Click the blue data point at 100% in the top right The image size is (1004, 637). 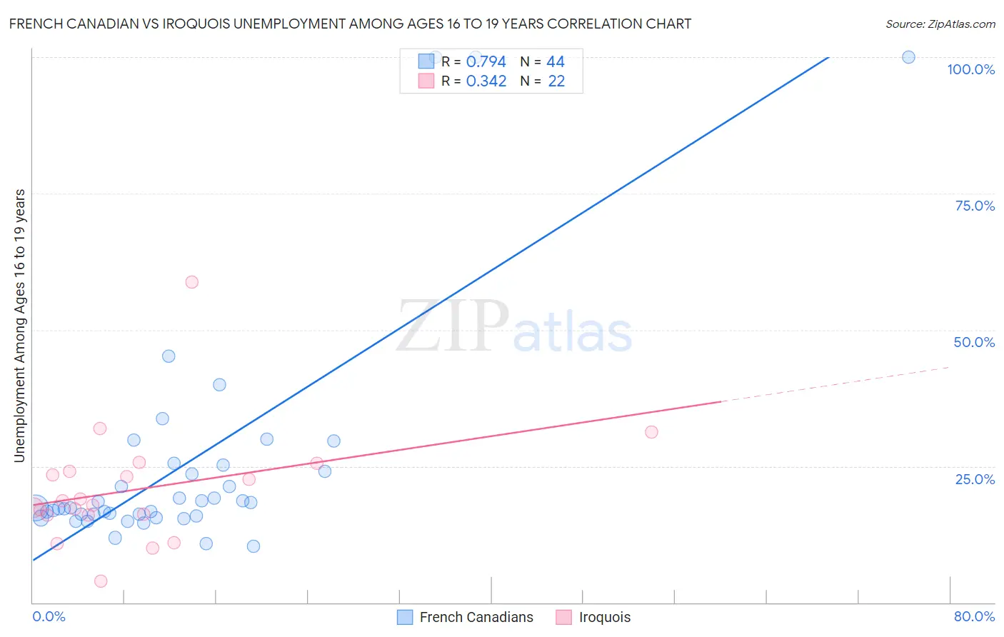coord(908,57)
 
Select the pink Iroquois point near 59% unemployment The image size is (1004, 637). coord(191,282)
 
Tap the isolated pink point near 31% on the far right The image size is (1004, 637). coord(651,432)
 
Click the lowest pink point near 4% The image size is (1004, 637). coord(101,581)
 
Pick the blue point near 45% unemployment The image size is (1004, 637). coord(169,356)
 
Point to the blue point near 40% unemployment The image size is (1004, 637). coord(219,385)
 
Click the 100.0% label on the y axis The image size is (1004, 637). coord(970,69)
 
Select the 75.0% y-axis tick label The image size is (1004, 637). coord(975,206)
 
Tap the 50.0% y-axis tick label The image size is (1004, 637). coord(974,342)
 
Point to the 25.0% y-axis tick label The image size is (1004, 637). coord(975,479)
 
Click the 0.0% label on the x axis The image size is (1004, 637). coord(49,616)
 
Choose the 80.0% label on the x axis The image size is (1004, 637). coord(974,616)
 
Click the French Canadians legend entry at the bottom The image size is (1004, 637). coord(476,617)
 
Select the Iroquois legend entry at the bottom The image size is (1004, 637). coord(604,617)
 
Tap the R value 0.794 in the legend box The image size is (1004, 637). coord(486,62)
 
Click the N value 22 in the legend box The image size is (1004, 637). coord(556,81)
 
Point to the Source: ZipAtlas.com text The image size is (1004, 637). coord(940,24)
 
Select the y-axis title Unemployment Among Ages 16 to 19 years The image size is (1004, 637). coord(20,325)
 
